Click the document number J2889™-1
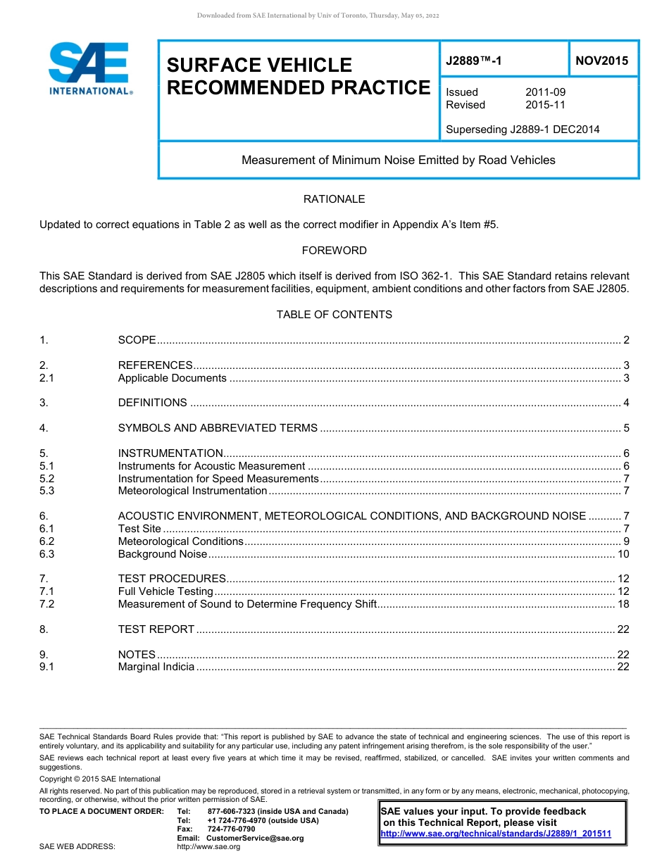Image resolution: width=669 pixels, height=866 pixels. tap(474, 61)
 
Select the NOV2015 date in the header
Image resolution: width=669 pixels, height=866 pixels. tap(601, 61)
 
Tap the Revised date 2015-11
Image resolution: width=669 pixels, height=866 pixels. tap(545, 105)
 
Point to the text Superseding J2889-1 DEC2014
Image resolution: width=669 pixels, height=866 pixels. tap(523, 129)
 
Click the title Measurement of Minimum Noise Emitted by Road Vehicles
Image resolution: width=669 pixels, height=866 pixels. tap(398, 160)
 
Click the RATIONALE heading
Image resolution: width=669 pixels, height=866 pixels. tap(334, 199)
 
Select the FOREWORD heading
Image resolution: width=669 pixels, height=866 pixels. tap(334, 250)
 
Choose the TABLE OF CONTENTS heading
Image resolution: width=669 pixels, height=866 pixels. tap(334, 314)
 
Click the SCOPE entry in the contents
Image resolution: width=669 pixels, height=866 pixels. tap(137, 340)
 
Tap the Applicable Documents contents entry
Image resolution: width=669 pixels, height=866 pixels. tap(172, 378)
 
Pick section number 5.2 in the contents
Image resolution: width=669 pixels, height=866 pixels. tap(47, 479)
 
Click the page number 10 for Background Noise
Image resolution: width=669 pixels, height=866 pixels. tap(623, 554)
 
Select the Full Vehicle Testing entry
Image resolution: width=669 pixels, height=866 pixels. tap(165, 591)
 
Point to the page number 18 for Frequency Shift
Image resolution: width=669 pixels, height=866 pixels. tap(623, 604)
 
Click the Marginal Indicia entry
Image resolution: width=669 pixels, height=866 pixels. tap(156, 667)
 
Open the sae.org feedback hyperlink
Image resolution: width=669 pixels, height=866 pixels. tap(495, 834)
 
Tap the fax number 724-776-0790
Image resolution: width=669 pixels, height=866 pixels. tap(231, 829)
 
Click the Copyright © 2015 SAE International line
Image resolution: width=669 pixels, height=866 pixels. tap(100, 779)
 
